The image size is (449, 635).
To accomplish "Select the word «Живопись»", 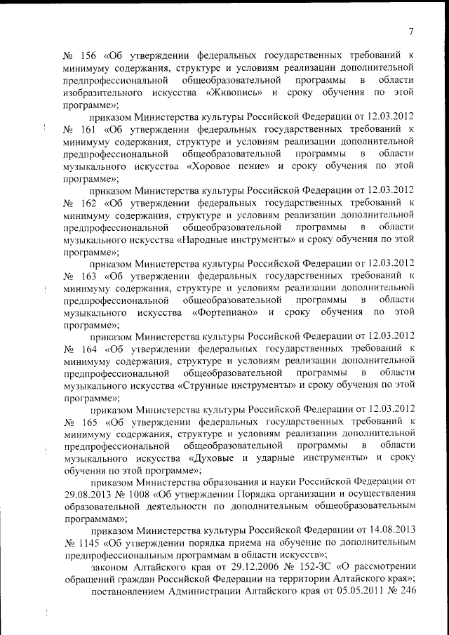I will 236,92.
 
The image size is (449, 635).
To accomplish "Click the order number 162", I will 89,204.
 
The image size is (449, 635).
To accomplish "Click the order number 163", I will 89,279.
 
